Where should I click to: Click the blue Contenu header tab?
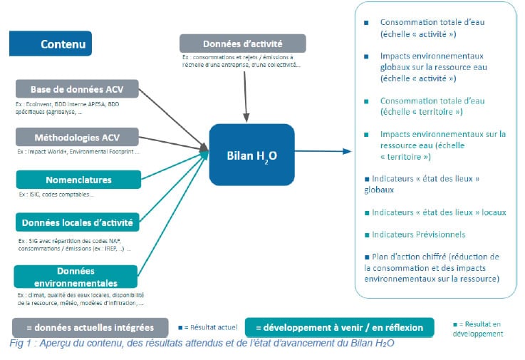(x=51, y=43)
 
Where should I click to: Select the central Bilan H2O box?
(x=251, y=155)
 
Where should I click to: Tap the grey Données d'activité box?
(x=242, y=42)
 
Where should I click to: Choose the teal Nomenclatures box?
(x=78, y=180)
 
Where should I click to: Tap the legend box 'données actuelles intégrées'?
(x=90, y=328)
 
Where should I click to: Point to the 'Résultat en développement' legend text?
(x=479, y=329)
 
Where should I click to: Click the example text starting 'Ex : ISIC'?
(x=56, y=194)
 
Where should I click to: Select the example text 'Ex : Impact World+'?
(x=78, y=151)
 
